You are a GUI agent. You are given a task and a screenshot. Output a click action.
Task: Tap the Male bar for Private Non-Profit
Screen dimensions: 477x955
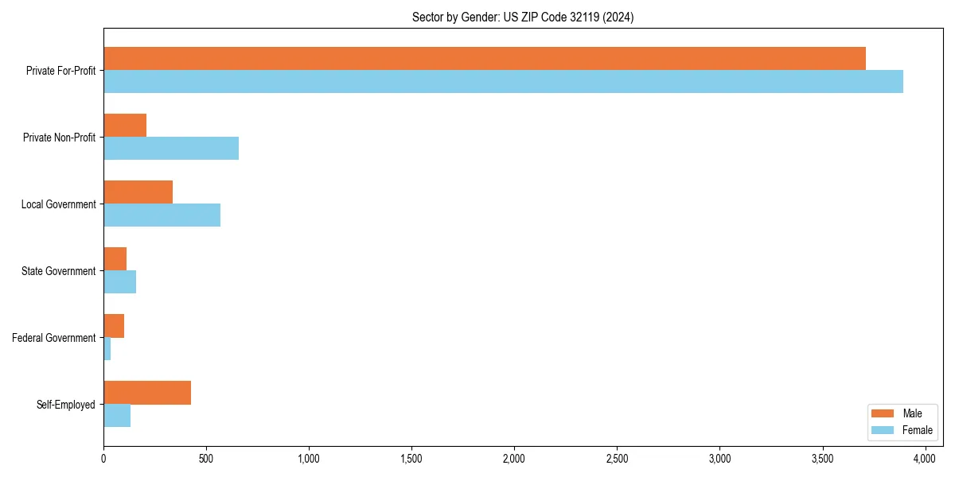click(x=125, y=126)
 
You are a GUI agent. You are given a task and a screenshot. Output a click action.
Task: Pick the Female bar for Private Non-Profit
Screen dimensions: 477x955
click(x=171, y=149)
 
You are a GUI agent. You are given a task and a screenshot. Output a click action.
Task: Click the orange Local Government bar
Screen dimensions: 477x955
click(x=138, y=192)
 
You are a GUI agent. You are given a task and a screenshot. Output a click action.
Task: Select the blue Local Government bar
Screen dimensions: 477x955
click(x=162, y=215)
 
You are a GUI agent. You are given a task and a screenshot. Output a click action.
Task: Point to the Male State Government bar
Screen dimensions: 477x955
click(x=115, y=259)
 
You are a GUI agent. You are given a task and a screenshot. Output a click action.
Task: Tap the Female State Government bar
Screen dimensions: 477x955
click(x=119, y=282)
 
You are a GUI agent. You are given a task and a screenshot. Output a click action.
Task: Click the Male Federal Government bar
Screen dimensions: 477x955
click(x=114, y=326)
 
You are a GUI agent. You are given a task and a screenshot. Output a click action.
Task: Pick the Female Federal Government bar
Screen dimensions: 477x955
click(x=107, y=349)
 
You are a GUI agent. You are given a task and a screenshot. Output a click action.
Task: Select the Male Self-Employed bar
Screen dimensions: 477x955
click(x=147, y=393)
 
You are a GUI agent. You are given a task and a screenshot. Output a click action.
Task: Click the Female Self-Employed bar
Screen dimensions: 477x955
click(x=117, y=416)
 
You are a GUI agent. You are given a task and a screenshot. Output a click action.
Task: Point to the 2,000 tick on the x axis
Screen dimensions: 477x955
click(x=514, y=459)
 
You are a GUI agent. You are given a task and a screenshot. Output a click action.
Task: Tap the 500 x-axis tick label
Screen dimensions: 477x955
click(x=206, y=459)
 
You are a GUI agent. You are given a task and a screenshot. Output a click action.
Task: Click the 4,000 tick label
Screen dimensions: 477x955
click(x=925, y=459)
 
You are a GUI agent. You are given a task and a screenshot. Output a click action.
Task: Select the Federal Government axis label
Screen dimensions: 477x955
click(x=54, y=338)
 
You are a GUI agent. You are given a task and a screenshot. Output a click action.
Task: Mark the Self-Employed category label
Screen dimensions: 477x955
click(x=66, y=405)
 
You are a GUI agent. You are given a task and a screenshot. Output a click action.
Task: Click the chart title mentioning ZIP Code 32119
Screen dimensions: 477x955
click(x=523, y=17)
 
